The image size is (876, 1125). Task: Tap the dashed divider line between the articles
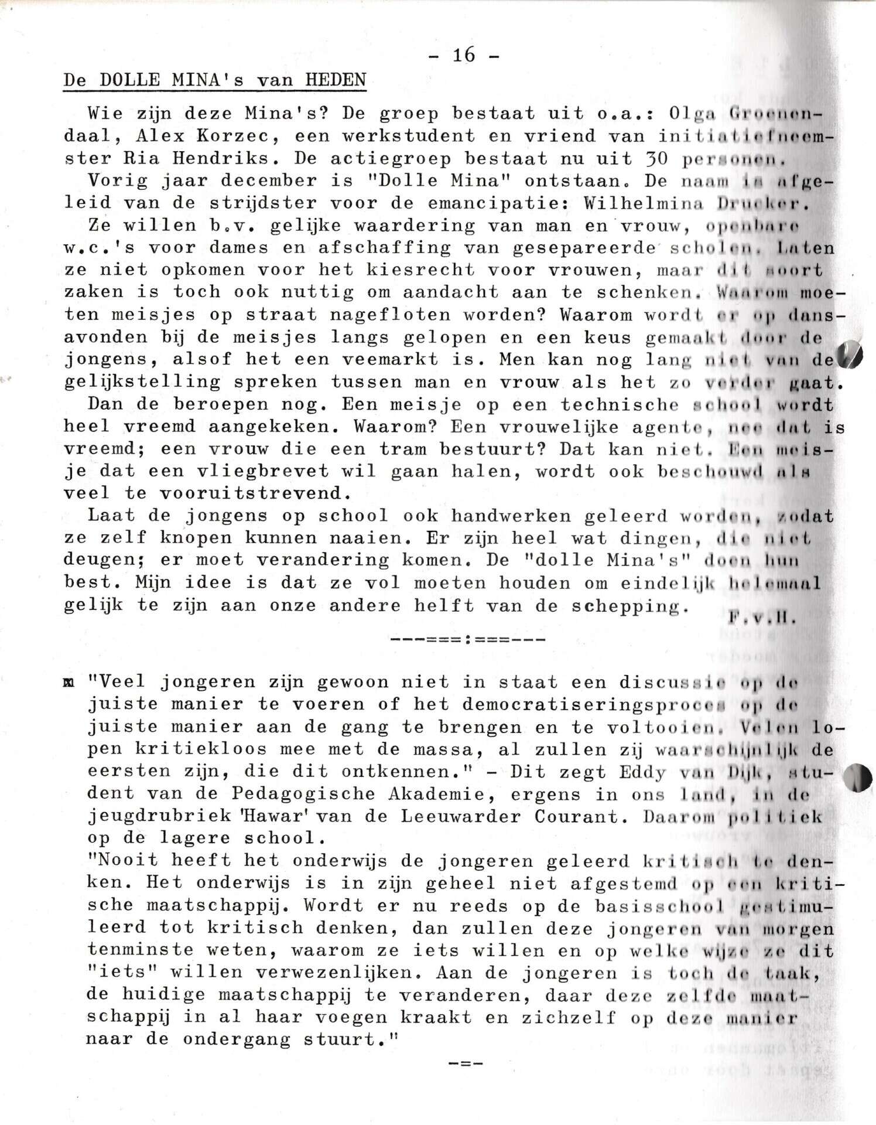pos(467,639)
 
